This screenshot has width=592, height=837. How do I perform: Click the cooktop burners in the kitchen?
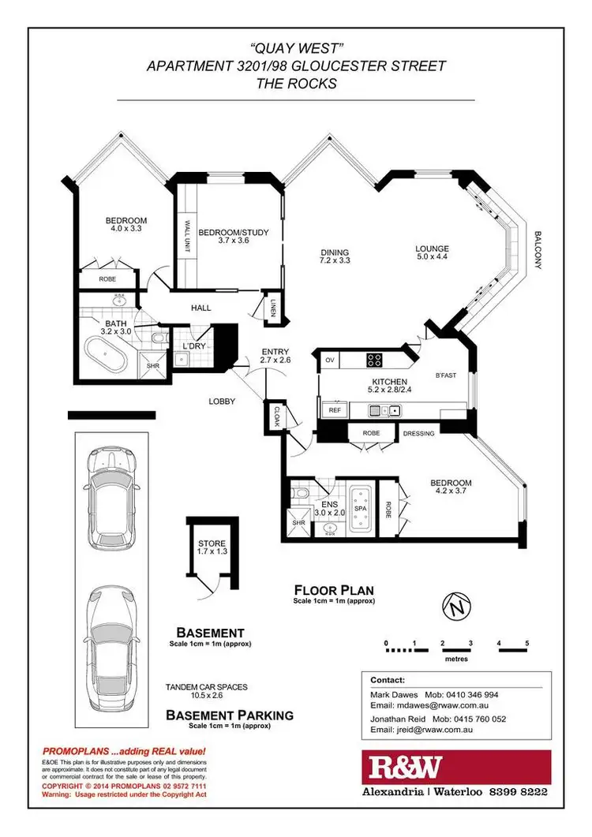pos(375,361)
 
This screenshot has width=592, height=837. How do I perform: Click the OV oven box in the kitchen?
pos(329,361)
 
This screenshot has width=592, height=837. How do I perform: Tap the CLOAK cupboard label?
pos(277,415)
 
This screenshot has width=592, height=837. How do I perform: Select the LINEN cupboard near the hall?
pos(272,308)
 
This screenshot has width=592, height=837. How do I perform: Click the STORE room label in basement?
pos(212,544)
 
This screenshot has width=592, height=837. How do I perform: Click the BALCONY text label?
pos(538,250)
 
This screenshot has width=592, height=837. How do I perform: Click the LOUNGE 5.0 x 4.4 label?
pos(437,252)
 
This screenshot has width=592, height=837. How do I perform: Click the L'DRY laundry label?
pos(194,347)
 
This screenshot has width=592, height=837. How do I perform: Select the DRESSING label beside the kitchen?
pos(419,433)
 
